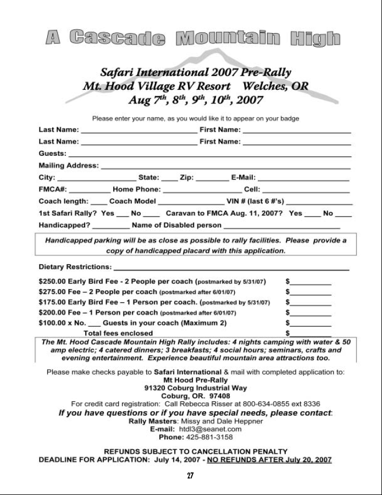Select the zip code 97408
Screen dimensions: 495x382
(210, 396)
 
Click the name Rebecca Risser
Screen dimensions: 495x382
(215, 404)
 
